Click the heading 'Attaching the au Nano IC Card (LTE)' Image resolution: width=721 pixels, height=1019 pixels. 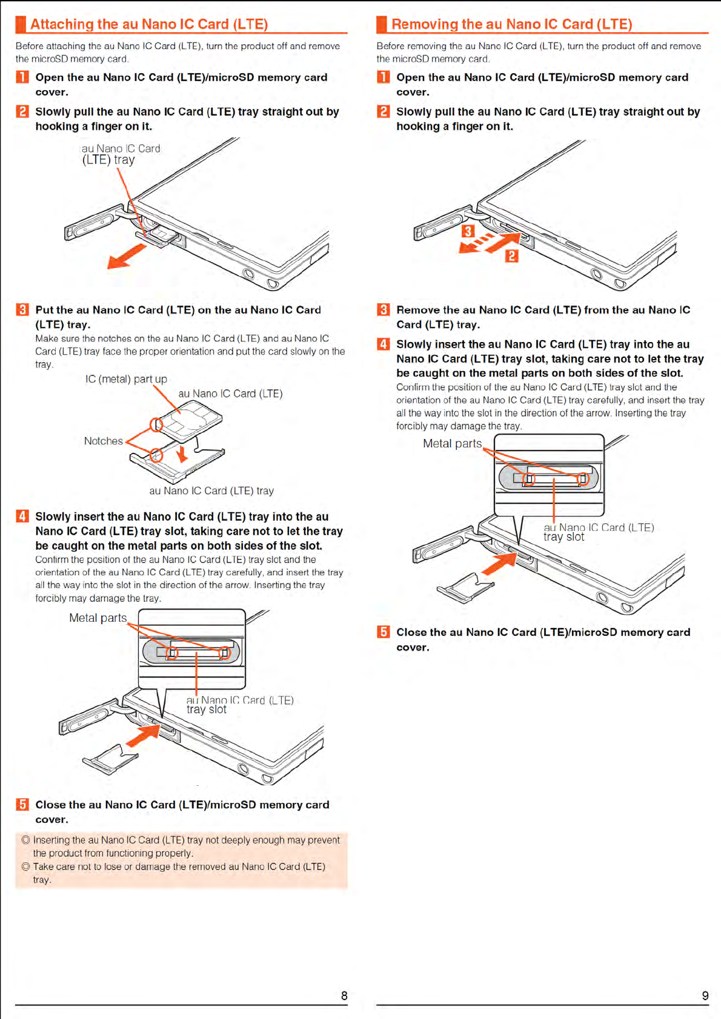(x=149, y=24)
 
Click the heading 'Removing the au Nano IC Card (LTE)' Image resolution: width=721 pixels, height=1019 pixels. (x=511, y=24)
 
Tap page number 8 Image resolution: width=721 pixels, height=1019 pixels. (x=344, y=995)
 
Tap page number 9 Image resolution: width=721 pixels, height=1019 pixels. (x=705, y=995)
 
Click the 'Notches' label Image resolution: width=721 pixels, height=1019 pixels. (x=104, y=441)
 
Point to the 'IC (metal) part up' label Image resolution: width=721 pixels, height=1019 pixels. (x=126, y=379)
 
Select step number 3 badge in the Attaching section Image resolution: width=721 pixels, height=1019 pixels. (x=22, y=310)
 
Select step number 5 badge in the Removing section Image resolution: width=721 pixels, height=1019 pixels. (x=384, y=632)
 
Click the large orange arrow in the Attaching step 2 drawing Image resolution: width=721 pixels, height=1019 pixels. (x=126, y=256)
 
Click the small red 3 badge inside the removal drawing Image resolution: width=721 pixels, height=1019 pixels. (x=468, y=231)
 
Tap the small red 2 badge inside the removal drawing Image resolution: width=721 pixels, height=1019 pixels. (x=512, y=256)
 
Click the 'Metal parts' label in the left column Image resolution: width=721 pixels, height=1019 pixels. (x=98, y=618)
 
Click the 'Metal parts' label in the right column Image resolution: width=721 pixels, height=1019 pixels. (x=452, y=443)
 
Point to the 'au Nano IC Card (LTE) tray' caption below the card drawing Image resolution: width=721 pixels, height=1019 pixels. (x=211, y=490)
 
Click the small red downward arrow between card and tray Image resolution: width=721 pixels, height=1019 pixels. (x=181, y=453)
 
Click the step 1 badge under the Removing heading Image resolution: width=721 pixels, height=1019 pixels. (x=384, y=77)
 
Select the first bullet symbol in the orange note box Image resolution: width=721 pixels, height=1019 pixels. (x=25, y=840)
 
